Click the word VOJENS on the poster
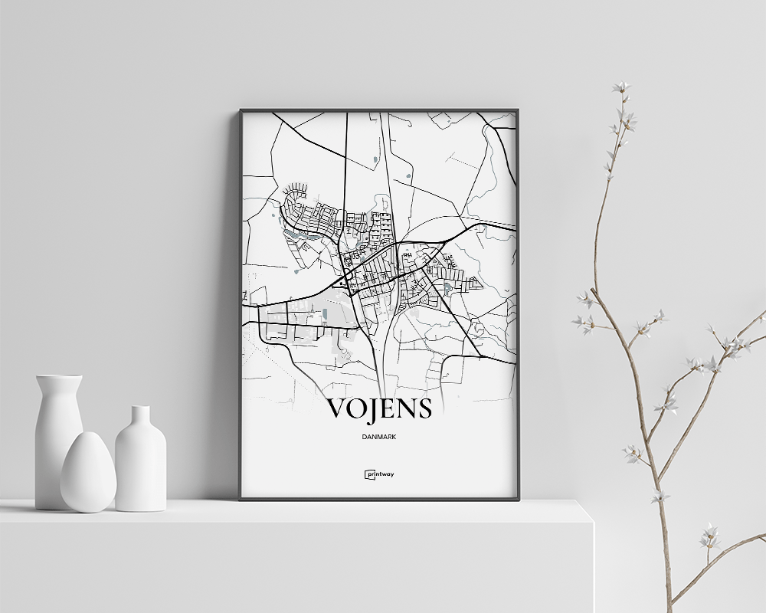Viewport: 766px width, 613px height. point(379,409)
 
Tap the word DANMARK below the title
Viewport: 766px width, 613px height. point(379,437)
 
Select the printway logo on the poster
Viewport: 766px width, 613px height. point(379,474)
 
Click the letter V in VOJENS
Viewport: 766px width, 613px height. point(339,409)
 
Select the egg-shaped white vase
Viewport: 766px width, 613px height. point(88,472)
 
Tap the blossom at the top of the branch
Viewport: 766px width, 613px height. point(620,87)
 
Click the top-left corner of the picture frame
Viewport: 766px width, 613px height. point(241,110)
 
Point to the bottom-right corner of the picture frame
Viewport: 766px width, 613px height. point(518,499)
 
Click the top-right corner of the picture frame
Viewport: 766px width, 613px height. point(518,110)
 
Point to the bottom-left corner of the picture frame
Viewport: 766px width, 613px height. point(241,499)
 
